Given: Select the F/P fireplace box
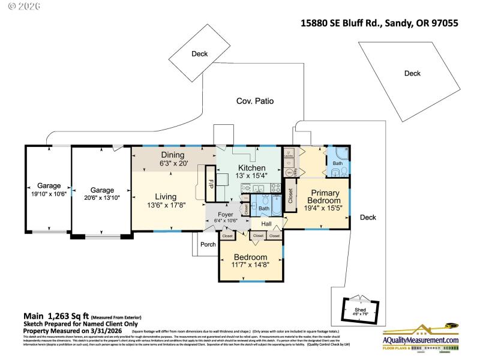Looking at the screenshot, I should point(211,182).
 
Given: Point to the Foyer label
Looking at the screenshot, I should point(225,214).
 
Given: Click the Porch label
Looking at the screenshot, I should point(208,244).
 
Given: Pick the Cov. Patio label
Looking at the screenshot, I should point(254,101).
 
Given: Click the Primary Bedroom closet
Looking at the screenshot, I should point(291,195).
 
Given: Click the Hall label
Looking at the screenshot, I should point(266,224).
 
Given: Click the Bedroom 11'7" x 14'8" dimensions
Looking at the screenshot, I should point(250,264).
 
